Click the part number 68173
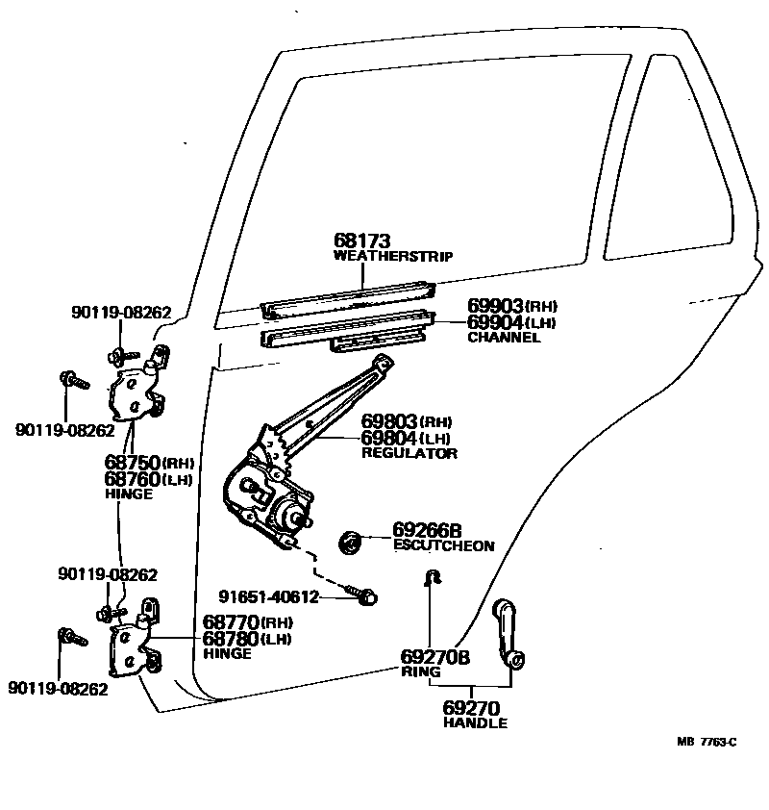click(362, 240)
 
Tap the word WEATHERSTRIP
click(393, 257)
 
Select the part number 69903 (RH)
click(511, 307)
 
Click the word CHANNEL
click(504, 338)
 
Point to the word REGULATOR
click(409, 453)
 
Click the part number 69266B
click(427, 530)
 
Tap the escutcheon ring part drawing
click(352, 542)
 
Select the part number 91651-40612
click(267, 596)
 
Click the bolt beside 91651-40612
click(366, 595)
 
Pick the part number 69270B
click(434, 657)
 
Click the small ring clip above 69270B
click(433, 577)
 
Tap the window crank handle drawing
click(507, 634)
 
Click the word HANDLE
click(475, 723)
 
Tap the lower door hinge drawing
click(136, 644)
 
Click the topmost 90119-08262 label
click(120, 312)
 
